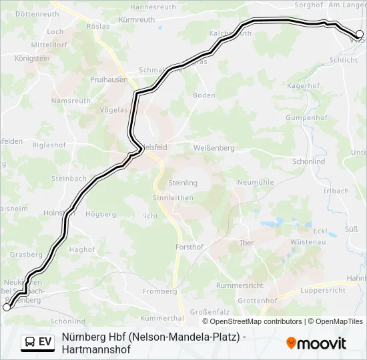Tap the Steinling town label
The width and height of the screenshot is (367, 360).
(x=183, y=183)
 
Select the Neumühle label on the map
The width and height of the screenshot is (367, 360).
(x=256, y=182)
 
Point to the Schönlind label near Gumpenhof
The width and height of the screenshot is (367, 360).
(x=308, y=161)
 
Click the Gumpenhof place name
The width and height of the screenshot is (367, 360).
(x=306, y=118)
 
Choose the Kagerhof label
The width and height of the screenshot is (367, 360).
(x=304, y=86)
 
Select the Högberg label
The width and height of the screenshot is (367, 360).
(x=101, y=214)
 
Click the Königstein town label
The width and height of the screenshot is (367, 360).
(x=32, y=59)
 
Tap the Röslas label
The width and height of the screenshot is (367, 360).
(x=98, y=27)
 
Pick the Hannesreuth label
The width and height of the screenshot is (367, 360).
(x=153, y=7)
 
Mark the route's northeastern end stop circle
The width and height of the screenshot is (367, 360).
(x=359, y=33)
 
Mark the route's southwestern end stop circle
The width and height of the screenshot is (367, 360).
(x=7, y=307)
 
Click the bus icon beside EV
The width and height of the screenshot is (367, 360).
(x=30, y=343)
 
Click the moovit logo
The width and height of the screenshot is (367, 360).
(x=316, y=343)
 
